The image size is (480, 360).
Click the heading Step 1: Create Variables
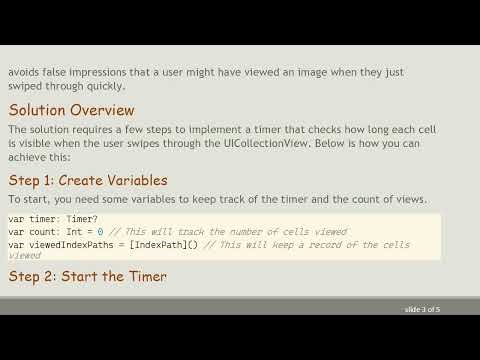[x=88, y=180]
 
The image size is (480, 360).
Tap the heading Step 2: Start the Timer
[x=87, y=275]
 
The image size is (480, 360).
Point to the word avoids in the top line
[x=25, y=72]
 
